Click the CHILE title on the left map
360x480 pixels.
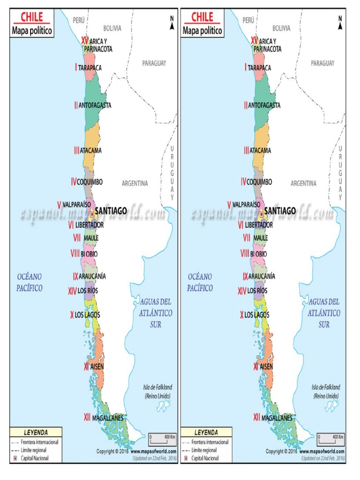pos(32,18)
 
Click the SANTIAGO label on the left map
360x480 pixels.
pos(111,211)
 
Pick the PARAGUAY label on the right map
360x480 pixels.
pos(322,63)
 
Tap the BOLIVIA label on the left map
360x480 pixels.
pos(112,28)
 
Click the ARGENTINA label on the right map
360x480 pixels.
pos(303,183)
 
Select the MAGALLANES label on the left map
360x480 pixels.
pos(108,417)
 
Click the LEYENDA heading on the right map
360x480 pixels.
pos(206,432)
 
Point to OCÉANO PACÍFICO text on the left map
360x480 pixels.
pos(30,282)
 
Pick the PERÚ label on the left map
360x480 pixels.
pos(78,20)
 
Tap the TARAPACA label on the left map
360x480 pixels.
pos(90,67)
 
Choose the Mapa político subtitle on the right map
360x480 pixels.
pos(202,31)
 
